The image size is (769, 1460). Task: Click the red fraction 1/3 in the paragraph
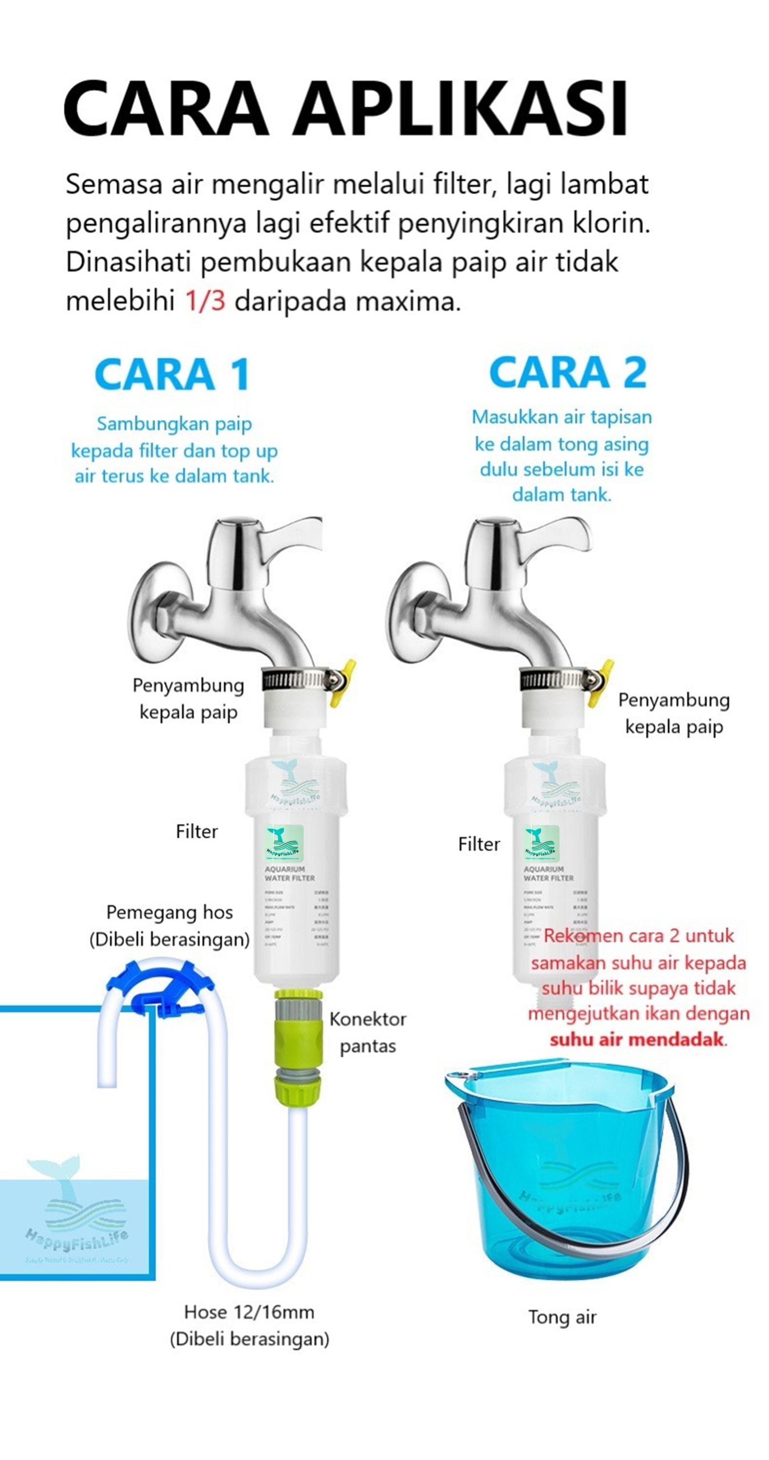tap(205, 301)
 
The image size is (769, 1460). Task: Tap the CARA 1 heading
tap(172, 374)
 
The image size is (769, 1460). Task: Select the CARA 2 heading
tap(568, 372)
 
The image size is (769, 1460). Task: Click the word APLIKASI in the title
tap(461, 108)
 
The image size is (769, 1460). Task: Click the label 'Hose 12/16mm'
tap(249, 1312)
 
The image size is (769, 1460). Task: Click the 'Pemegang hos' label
tap(169, 912)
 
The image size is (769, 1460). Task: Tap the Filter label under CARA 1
tap(196, 832)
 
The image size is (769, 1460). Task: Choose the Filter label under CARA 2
tap(479, 844)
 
